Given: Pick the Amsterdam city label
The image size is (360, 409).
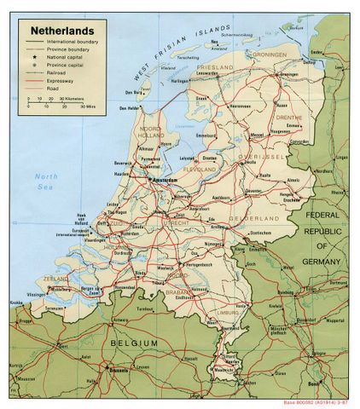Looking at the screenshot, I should point(167,181).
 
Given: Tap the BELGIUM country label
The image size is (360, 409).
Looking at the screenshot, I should point(134,343).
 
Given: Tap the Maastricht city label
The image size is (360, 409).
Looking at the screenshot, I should point(226,370).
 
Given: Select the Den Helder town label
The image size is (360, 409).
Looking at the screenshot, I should point(129,108).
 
